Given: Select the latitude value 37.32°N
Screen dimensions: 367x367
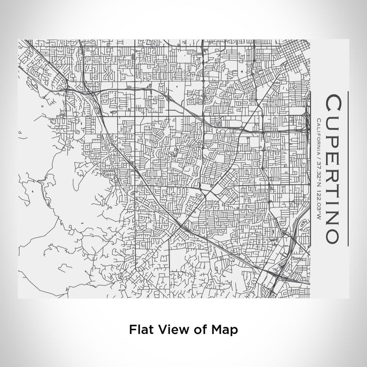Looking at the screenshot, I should pyautogui.click(x=319, y=169).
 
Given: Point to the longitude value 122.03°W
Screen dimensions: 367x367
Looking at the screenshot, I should pyautogui.click(x=319, y=201).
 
